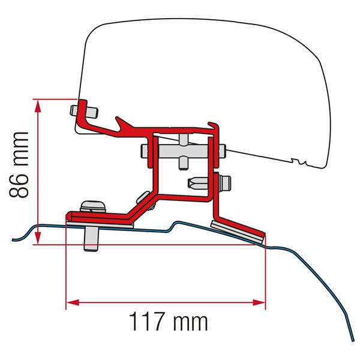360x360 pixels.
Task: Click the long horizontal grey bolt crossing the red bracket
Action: tap(183, 151)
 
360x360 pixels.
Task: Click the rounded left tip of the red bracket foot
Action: tap(68, 215)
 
